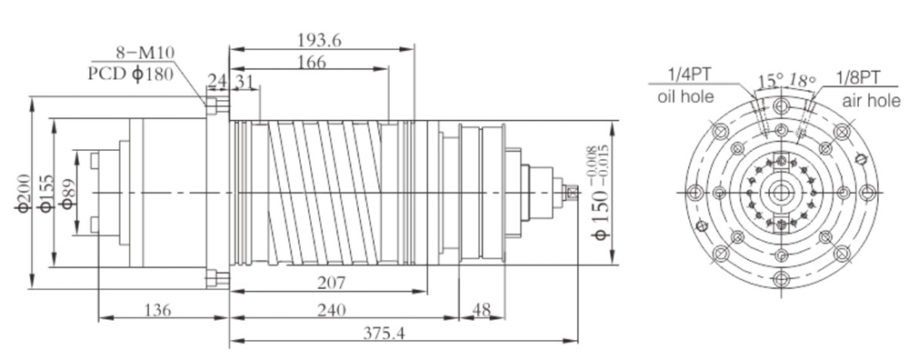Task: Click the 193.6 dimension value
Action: pyautogui.click(x=318, y=39)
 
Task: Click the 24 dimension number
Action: pyautogui.click(x=216, y=81)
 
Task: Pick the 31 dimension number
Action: pyautogui.click(x=245, y=81)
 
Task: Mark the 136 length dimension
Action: pyautogui.click(x=160, y=310)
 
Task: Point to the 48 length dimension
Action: pyautogui.click(x=482, y=310)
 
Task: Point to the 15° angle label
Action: pyautogui.click(x=769, y=81)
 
